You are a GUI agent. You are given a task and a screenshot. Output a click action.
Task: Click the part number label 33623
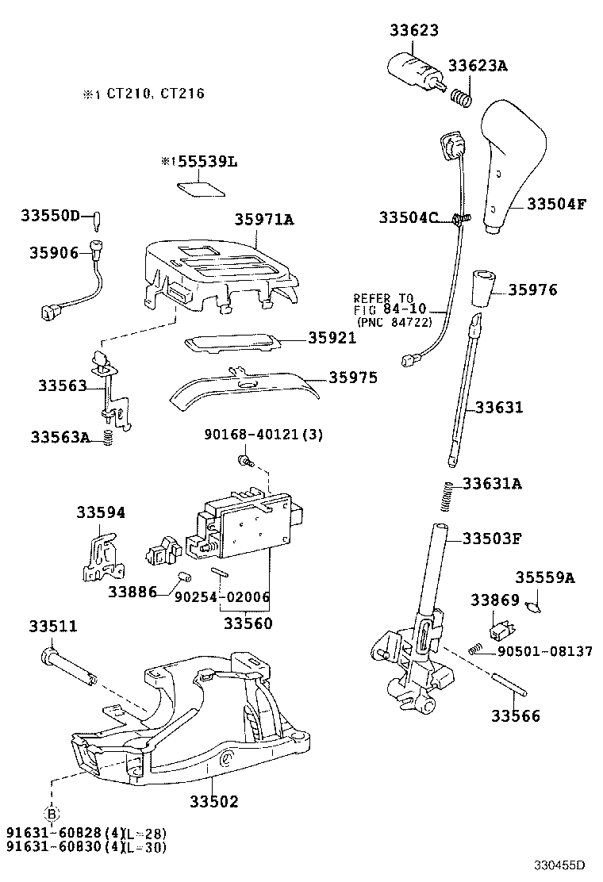point(413,30)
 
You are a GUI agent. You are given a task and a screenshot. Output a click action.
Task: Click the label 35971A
point(263,220)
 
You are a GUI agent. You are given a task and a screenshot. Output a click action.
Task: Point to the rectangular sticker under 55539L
point(199,189)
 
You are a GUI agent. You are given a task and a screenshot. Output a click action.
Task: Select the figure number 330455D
point(558,865)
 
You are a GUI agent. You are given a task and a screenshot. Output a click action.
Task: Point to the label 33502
point(213,802)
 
